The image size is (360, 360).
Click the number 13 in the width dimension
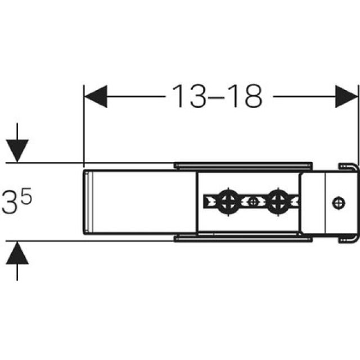tap(190, 97)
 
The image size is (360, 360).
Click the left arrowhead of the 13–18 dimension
tap(96, 97)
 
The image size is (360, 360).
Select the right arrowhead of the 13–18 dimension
tap(346, 97)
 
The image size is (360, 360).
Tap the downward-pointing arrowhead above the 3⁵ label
tap(18, 150)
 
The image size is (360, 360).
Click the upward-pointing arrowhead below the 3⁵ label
tap(18, 254)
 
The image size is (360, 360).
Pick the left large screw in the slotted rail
tap(228, 201)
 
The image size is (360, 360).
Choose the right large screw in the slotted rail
tap(277, 201)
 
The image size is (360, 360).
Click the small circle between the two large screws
tap(254, 201)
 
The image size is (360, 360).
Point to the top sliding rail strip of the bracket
tap(242, 165)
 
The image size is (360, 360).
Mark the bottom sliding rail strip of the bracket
tap(242, 237)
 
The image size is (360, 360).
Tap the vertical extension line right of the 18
tap(358, 124)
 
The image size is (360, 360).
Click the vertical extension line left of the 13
tap(83, 124)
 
